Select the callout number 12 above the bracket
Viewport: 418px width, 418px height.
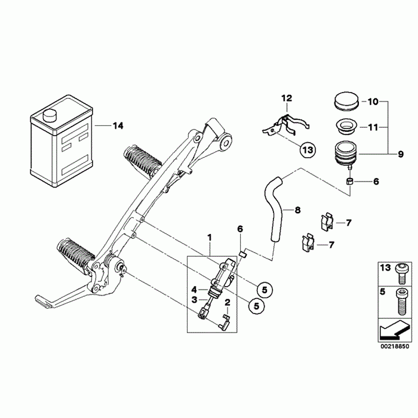(287, 98)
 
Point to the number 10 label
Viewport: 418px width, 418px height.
(372, 102)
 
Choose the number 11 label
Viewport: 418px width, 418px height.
(372, 127)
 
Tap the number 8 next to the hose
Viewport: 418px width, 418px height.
(298, 210)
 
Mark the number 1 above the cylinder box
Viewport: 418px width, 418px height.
(210, 237)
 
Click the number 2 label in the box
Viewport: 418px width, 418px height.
(228, 303)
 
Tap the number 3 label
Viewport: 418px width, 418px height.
(194, 299)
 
